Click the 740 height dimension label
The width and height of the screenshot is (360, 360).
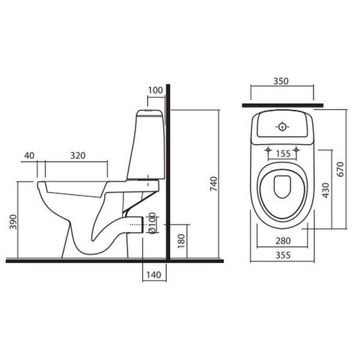[214, 184]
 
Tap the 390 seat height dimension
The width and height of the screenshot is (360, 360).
[13, 222]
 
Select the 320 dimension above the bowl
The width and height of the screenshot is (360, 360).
[78, 155]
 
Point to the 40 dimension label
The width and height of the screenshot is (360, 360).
[29, 155]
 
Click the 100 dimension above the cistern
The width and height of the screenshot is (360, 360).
[155, 91]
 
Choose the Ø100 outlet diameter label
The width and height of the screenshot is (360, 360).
[152, 223]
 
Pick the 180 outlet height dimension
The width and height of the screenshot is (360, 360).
[181, 241]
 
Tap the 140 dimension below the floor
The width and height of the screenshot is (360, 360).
[154, 275]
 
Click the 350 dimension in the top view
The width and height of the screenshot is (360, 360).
[281, 81]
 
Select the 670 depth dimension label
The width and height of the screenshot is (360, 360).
[340, 169]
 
